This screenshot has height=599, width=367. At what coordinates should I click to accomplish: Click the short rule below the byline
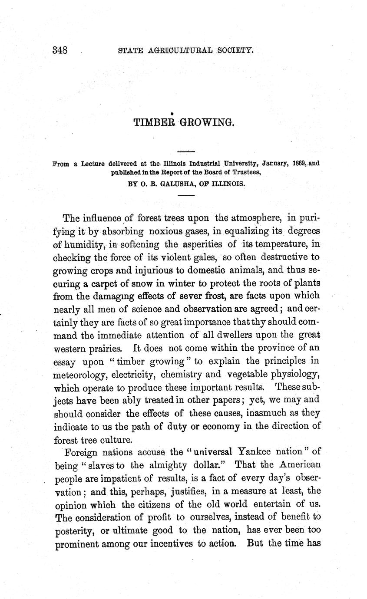(x=186, y=196)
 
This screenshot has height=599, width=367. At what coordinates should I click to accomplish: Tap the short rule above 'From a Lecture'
(x=186, y=151)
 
